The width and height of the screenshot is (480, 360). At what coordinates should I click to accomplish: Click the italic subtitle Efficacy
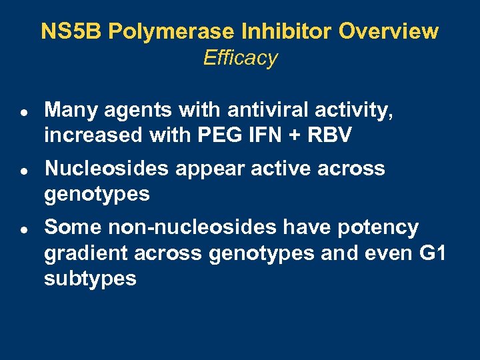[240, 58]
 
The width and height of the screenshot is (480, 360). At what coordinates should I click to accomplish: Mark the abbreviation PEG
[213, 135]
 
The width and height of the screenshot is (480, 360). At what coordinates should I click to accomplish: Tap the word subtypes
[90, 279]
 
